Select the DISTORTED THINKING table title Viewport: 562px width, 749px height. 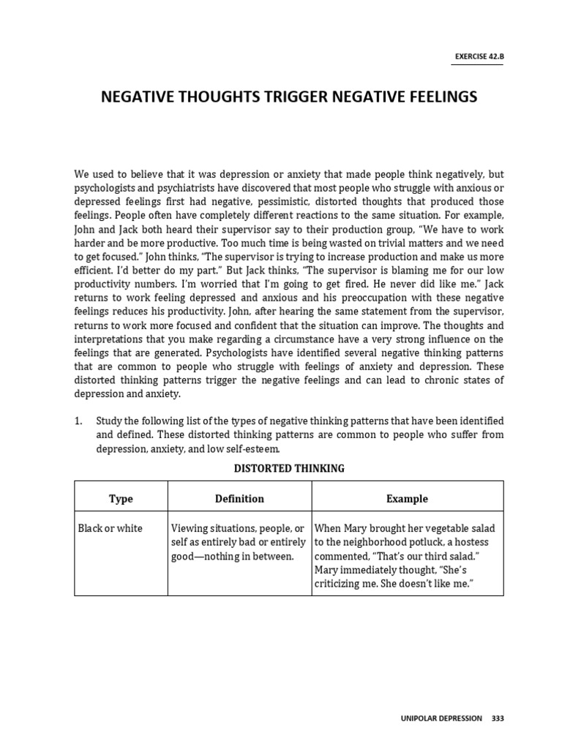pos(288,468)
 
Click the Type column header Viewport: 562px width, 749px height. pos(121,499)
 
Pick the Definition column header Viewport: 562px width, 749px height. pos(239,499)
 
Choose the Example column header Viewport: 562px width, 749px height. pos(407,499)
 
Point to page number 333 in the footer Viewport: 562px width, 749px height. pos(498,719)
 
